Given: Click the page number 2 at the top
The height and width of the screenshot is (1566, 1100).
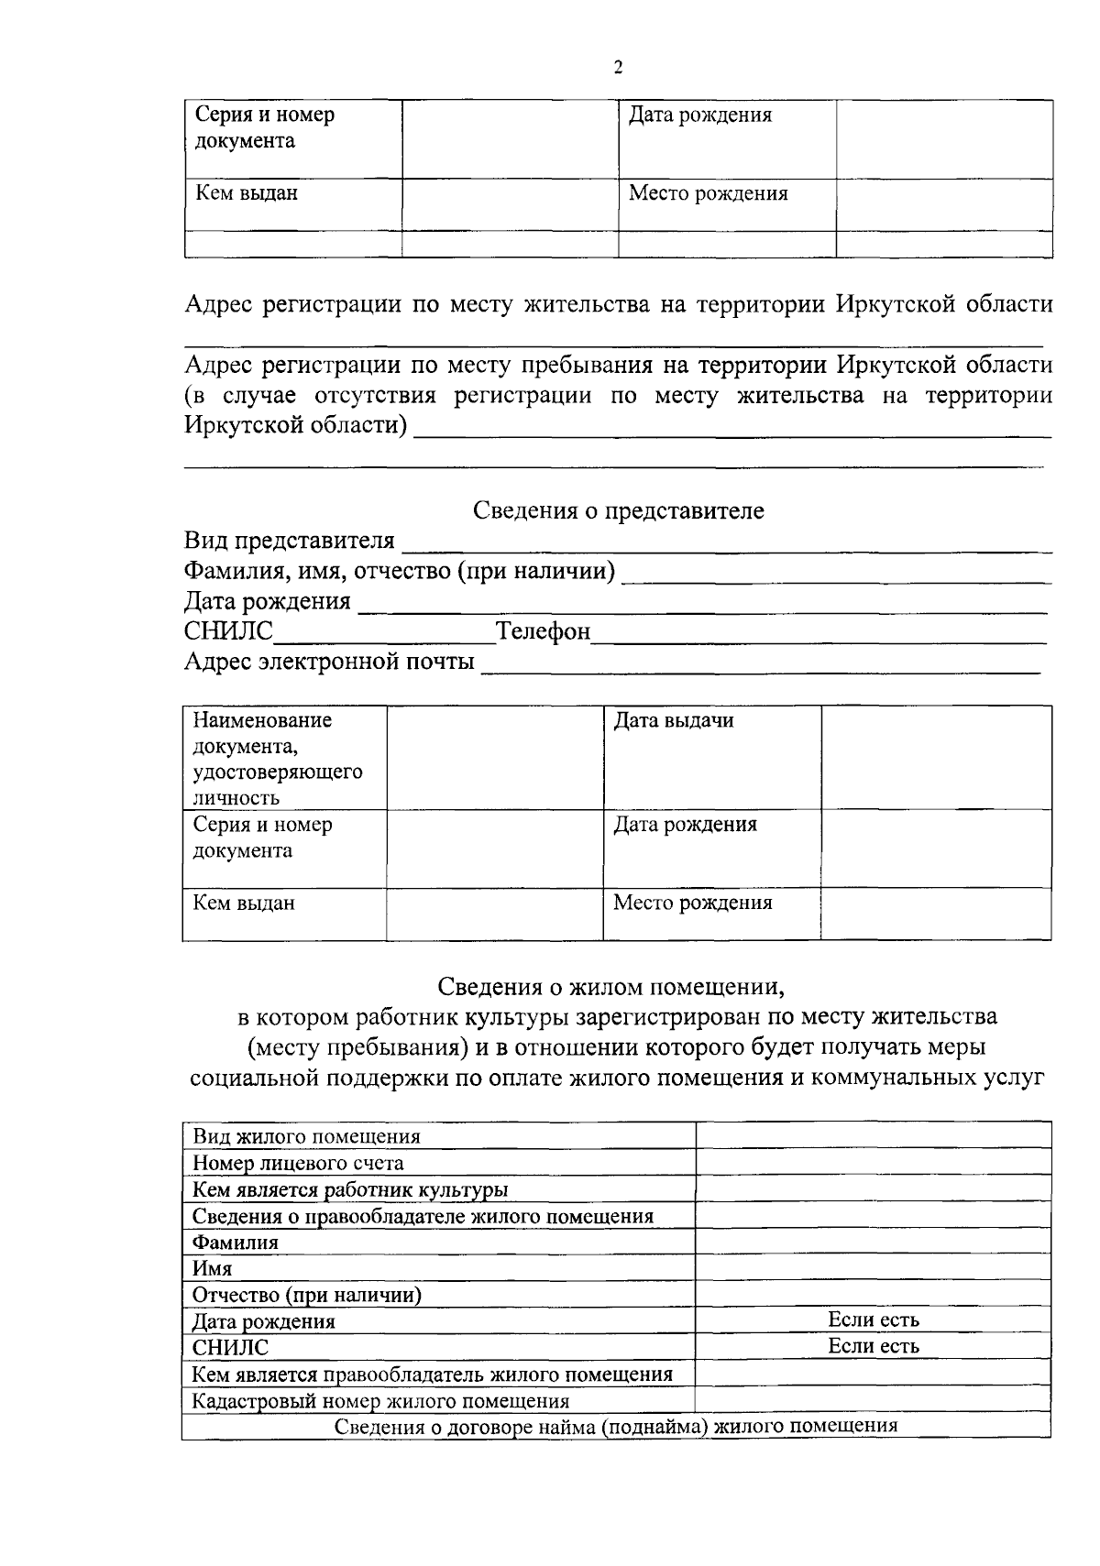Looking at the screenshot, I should tap(618, 67).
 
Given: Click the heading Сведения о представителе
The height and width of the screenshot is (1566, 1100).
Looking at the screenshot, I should tap(618, 510).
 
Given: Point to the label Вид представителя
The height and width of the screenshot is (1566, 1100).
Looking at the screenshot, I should tap(289, 541).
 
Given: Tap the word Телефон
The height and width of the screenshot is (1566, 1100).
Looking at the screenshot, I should tap(543, 631).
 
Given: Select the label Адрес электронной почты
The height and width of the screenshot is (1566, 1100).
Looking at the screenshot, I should tap(329, 661).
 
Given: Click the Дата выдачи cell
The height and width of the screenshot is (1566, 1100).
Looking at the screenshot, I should tap(674, 721).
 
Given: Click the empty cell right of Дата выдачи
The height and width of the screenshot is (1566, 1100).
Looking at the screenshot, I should tap(935, 757).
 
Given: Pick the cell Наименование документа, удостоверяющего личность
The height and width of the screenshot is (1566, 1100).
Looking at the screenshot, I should tap(278, 758).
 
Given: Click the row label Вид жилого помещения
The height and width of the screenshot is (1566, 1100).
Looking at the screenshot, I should tap(306, 1136).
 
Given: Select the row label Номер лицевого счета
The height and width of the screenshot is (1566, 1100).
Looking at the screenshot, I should tap(298, 1163).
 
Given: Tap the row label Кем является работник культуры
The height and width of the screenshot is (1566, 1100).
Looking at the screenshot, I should tap(350, 1189).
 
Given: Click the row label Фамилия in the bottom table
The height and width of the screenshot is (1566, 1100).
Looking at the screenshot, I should tap(235, 1243).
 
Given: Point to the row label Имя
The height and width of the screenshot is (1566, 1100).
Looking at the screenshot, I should tap(212, 1269).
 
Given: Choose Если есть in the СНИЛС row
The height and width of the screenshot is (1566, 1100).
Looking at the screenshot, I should tap(873, 1346).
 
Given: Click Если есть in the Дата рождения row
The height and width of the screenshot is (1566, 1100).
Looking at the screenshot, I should tap(873, 1320).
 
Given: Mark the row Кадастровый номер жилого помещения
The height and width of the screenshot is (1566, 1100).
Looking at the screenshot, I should tap(380, 1401).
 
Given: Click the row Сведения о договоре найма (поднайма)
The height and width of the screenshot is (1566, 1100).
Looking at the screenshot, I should tap(615, 1426).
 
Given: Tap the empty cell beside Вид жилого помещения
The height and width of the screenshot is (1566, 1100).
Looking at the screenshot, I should tap(873, 1136).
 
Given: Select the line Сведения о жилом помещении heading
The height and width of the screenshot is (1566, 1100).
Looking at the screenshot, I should tap(611, 987).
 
